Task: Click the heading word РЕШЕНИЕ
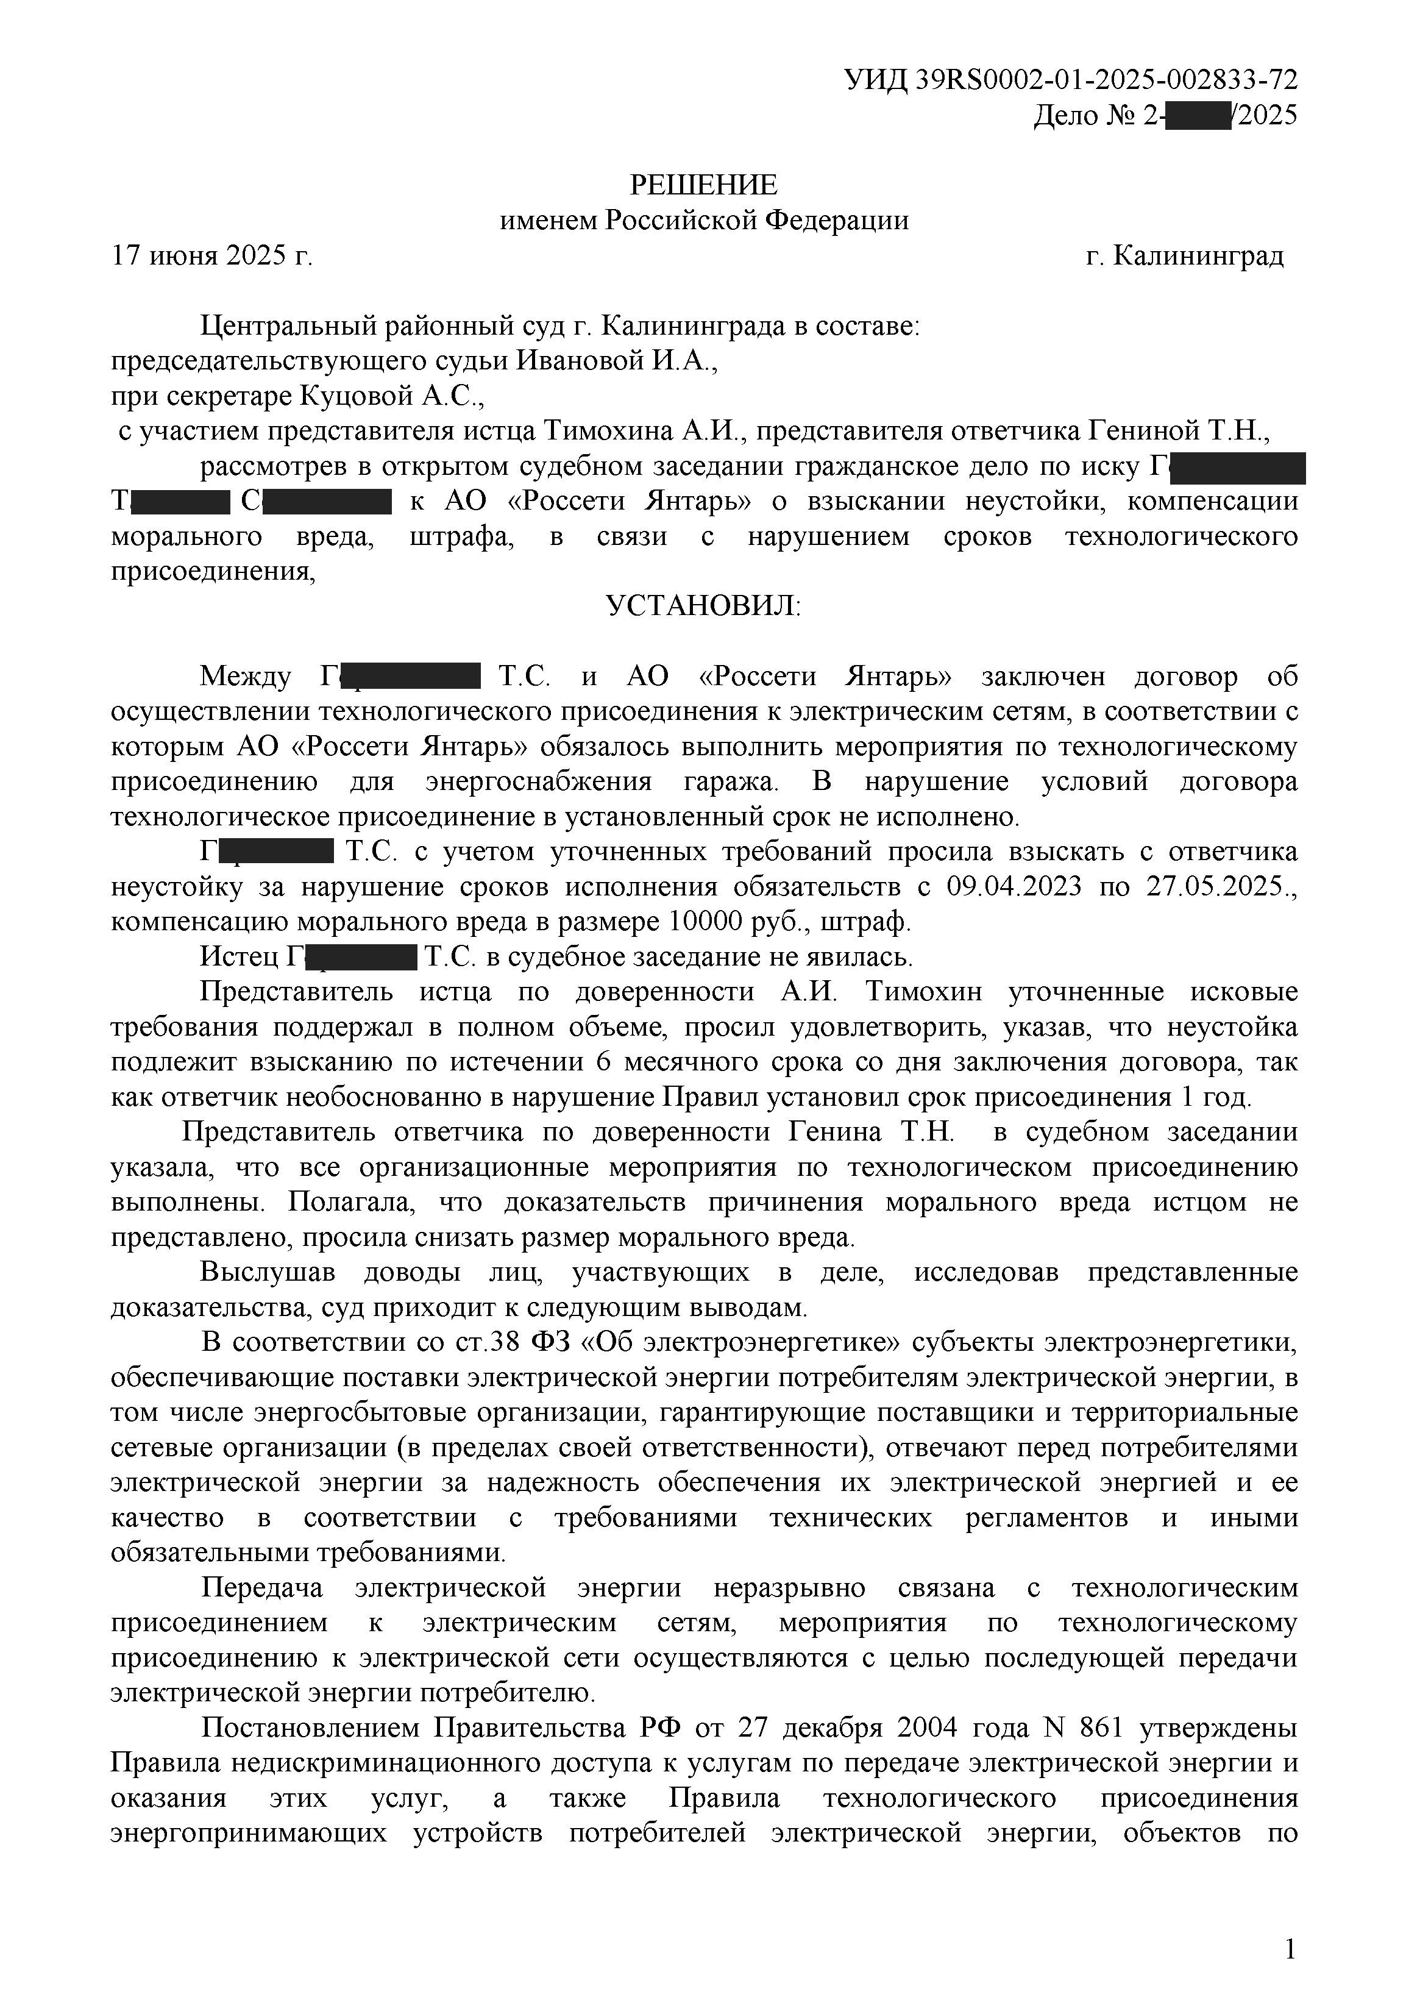pyautogui.click(x=703, y=185)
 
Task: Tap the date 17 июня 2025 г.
pyautogui.click(x=212, y=257)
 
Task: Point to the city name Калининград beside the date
pyautogui.click(x=1198, y=257)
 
